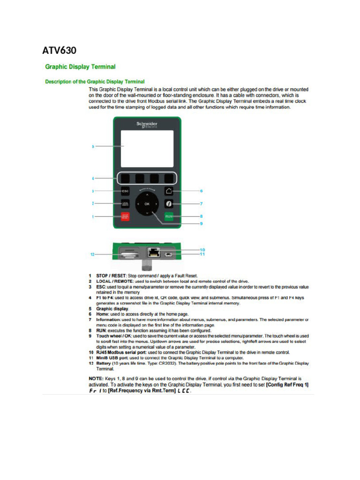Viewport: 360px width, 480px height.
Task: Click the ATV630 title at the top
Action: tap(59, 50)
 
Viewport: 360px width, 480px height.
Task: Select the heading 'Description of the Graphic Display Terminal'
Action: tap(95, 82)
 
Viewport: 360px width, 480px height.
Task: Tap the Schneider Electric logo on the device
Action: tap(147, 124)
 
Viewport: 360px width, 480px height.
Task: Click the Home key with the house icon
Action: tap(169, 191)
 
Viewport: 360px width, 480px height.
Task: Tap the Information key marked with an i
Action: tap(169, 204)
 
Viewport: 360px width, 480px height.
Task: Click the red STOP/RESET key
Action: tap(125, 217)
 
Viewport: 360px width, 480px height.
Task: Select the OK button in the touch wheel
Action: tap(147, 204)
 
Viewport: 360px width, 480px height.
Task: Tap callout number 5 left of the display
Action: tap(93, 147)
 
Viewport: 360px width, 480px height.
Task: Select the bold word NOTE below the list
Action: tap(97, 378)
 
